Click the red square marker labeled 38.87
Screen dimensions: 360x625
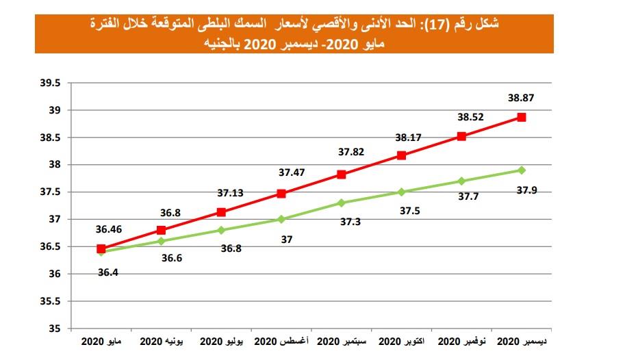(522, 117)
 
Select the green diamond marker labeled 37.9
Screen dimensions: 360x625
(522, 170)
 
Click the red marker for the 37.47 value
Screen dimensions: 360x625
(281, 193)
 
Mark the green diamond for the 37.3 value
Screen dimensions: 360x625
(342, 203)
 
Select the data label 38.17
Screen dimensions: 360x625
(409, 138)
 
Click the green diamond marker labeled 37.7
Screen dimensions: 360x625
(461, 181)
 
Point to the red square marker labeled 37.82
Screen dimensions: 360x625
(342, 175)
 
